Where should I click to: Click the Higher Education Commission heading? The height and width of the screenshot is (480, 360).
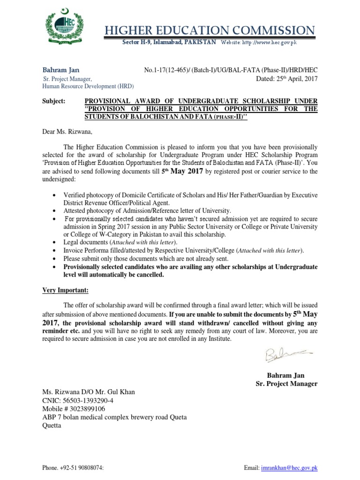pos(210,31)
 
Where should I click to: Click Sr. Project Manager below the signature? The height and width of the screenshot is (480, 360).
pos(286,383)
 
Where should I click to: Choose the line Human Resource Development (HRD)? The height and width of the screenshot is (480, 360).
pos(88,87)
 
